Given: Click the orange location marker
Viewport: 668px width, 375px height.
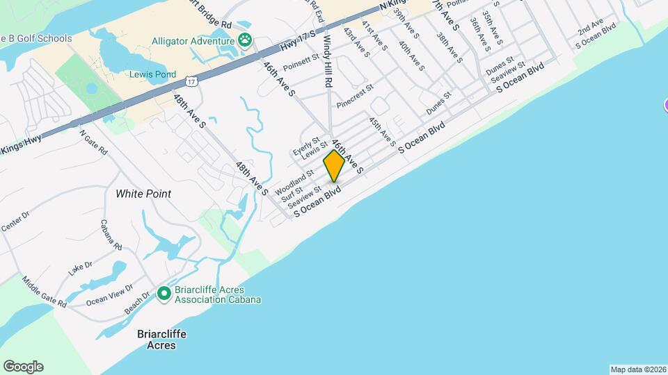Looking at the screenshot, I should tap(334, 166).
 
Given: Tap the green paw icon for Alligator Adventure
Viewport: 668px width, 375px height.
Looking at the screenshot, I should tap(245, 41).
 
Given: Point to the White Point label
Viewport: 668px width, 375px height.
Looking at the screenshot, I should tap(143, 194).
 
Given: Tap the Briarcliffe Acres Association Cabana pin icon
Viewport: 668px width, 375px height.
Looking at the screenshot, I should tap(164, 294).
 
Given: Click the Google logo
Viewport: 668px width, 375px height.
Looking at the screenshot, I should tap(23, 367).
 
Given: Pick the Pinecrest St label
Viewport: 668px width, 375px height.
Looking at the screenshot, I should tap(356, 97).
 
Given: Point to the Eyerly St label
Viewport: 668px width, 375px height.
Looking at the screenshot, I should tap(306, 146).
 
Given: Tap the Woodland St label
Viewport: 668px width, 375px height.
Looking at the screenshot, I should tap(294, 181).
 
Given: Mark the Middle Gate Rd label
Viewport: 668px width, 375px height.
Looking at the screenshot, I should tap(44, 292).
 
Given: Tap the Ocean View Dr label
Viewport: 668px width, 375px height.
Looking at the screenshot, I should tap(109, 296).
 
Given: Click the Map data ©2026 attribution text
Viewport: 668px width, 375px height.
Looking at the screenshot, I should tap(637, 369).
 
